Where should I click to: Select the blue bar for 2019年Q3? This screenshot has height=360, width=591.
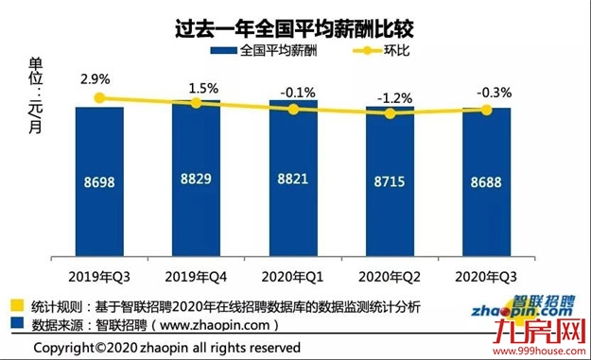tap(99, 189)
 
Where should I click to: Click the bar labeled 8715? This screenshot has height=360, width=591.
tap(390, 184)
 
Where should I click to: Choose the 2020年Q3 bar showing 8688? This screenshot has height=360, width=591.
tap(486, 184)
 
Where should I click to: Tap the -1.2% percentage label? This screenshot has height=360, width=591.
tap(389, 97)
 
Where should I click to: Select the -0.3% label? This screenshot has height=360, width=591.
tap(488, 92)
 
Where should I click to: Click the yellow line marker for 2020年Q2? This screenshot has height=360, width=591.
tap(390, 113)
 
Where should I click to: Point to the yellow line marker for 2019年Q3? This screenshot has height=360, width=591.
tap(99, 97)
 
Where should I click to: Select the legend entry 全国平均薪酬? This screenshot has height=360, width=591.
tap(270, 50)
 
